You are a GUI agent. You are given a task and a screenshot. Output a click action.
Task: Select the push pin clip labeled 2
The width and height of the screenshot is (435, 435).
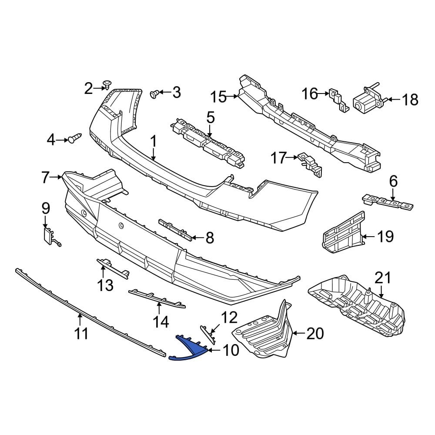tap(107, 84)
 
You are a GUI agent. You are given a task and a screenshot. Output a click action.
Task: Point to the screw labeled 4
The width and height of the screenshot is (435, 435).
tap(75, 139)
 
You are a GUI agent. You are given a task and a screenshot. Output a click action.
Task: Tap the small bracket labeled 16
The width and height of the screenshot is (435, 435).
tap(337, 99)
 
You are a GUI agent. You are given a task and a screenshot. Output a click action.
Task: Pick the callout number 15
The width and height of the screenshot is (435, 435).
tap(218, 97)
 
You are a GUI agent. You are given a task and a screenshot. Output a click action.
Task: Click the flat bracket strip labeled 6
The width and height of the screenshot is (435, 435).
tap(387, 202)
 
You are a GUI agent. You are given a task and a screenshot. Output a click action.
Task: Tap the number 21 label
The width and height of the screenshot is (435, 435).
tap(383, 277)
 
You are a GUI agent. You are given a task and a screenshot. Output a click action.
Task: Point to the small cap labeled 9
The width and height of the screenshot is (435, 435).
tap(47, 235)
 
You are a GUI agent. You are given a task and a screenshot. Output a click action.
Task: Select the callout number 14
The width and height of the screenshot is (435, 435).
tap(160, 321)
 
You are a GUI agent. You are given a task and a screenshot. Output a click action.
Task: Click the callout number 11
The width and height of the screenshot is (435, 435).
tap(81, 334)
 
